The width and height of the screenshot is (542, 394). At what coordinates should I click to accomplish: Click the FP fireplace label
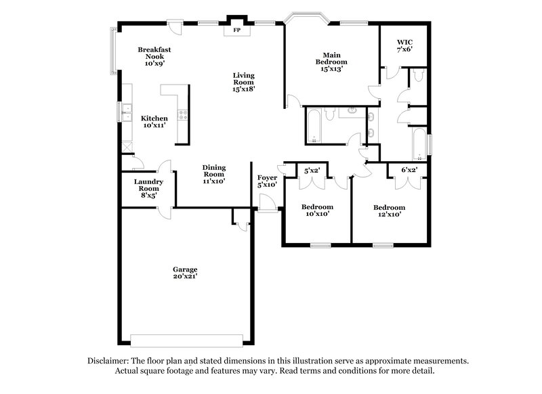point(237,30)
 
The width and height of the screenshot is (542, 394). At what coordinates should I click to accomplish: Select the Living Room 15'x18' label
point(244,82)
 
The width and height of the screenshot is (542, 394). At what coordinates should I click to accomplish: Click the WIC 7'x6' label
point(404,45)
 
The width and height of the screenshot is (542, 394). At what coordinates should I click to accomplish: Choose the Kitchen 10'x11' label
point(154,122)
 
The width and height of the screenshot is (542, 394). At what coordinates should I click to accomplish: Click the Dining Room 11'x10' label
point(214,174)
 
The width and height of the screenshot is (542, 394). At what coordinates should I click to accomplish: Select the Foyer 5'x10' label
point(268,181)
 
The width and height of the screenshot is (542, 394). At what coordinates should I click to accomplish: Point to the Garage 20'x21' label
point(185,273)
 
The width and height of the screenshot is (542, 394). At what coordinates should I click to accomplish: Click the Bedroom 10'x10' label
point(316,211)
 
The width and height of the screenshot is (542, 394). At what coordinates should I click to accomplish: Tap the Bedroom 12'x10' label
point(390,211)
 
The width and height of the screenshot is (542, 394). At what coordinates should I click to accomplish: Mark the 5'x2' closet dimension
point(312,171)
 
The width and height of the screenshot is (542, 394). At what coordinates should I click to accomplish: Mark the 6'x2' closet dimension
point(408,171)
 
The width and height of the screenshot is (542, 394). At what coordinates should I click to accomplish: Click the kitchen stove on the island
point(182,115)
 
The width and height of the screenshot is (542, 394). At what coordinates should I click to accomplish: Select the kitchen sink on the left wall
point(126,110)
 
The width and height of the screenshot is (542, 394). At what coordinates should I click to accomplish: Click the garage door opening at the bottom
point(185,338)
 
